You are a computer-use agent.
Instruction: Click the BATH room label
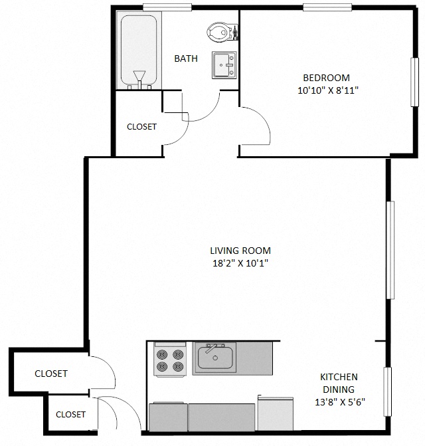[x=186, y=58]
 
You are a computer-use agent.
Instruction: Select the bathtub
[x=138, y=51]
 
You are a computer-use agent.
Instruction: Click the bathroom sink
[x=224, y=65]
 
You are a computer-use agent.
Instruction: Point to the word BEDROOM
[x=326, y=77]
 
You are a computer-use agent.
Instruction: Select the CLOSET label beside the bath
[x=141, y=126]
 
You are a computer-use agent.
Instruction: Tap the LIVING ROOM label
[x=240, y=251]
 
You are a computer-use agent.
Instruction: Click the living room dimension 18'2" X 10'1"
[x=240, y=263]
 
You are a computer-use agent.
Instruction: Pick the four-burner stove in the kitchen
[x=169, y=360]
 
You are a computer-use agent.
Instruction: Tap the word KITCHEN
[x=339, y=377]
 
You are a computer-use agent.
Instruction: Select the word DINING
[x=339, y=390]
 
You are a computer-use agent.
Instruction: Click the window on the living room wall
[x=390, y=250]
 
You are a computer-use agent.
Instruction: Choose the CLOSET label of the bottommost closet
[x=70, y=414]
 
